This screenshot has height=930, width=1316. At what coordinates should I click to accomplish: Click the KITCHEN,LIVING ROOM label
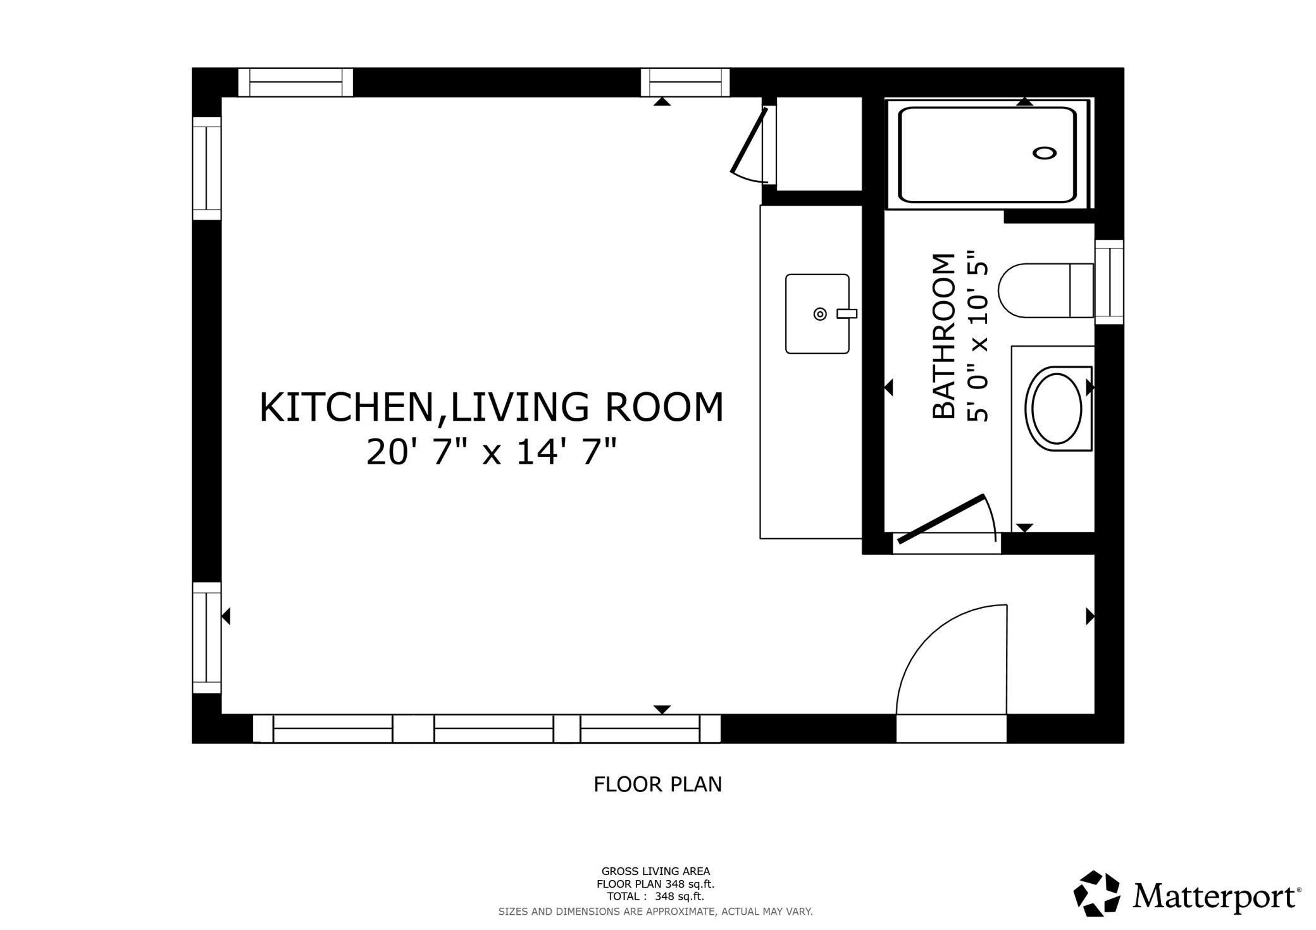click(492, 407)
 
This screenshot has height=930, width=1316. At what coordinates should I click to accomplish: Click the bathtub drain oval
click(1045, 153)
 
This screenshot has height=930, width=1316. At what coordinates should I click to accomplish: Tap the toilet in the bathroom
click(1046, 290)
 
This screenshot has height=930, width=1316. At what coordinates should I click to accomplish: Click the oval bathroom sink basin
click(1057, 408)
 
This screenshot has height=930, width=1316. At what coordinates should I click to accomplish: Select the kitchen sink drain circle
click(820, 314)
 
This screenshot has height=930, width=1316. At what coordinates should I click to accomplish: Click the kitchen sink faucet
click(847, 313)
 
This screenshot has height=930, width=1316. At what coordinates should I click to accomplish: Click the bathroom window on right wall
click(1109, 282)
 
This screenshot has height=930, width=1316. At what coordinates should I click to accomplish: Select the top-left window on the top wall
click(295, 82)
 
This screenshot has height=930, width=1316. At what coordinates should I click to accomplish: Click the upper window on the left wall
click(207, 168)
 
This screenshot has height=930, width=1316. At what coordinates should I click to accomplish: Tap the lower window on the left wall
click(207, 638)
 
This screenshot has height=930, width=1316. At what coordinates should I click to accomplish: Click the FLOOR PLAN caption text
click(657, 784)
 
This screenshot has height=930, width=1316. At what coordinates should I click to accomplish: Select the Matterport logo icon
click(1097, 893)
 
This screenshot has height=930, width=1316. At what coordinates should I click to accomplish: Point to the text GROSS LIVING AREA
click(655, 872)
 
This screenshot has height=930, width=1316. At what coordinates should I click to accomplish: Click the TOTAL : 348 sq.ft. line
click(655, 896)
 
